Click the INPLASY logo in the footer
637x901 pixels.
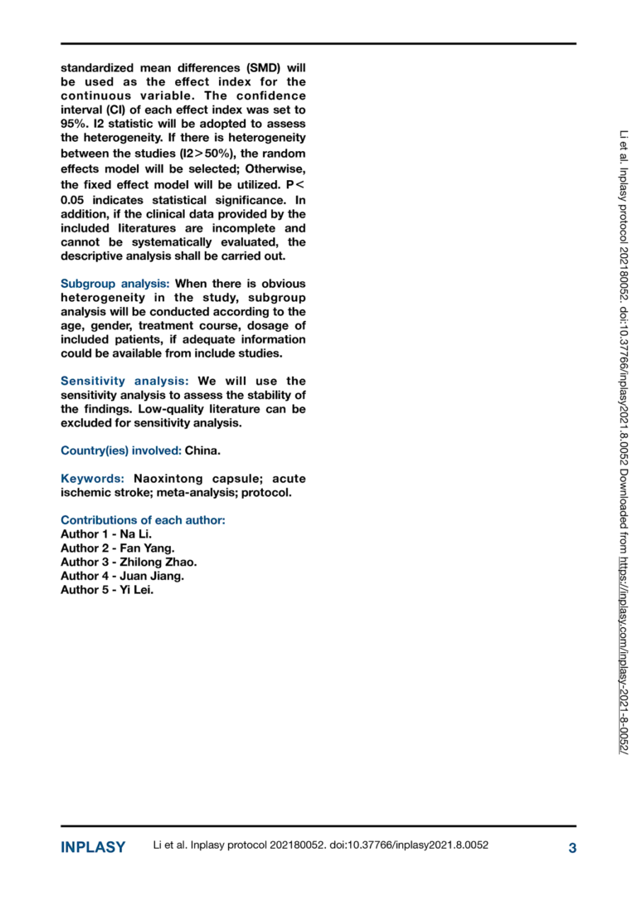(x=93, y=847)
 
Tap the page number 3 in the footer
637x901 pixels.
(x=571, y=847)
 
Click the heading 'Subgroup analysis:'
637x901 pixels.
(x=114, y=284)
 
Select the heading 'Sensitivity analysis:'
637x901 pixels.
(x=124, y=381)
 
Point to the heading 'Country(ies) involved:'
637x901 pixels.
(x=121, y=450)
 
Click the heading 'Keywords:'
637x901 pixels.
(x=93, y=479)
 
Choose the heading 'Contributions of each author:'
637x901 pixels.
(x=143, y=520)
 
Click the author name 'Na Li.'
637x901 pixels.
(x=136, y=534)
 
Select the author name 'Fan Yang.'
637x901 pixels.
(x=146, y=548)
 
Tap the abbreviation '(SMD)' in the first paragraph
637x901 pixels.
(x=260, y=67)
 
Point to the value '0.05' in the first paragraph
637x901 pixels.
(x=75, y=199)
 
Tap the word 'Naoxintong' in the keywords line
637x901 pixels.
(x=167, y=479)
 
